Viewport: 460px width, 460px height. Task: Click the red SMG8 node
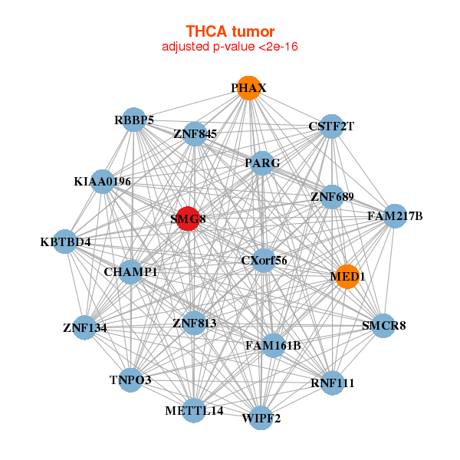click(x=188, y=219)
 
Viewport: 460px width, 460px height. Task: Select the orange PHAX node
click(x=247, y=88)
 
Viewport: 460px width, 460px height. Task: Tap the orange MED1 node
click(x=347, y=277)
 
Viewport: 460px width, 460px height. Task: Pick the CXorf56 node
click(x=264, y=260)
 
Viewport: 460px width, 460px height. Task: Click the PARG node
click(x=262, y=163)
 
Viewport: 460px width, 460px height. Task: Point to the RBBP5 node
click(x=134, y=120)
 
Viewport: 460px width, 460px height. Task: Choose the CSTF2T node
click(x=331, y=126)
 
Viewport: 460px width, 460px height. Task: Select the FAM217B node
click(x=394, y=216)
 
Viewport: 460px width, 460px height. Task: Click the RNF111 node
click(x=332, y=382)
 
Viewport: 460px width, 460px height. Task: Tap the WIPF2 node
click(x=261, y=418)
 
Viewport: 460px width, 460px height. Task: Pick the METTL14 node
click(x=194, y=410)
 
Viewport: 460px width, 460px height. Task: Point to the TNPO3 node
click(x=130, y=379)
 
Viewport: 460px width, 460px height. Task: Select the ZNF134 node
click(x=84, y=327)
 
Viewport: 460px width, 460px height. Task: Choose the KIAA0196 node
click(x=103, y=182)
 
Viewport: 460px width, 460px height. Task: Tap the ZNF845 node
click(x=195, y=134)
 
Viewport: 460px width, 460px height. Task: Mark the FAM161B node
click(x=273, y=345)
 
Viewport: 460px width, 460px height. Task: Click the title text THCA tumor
click(x=229, y=31)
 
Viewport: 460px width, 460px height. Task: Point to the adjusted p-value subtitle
click(x=229, y=47)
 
